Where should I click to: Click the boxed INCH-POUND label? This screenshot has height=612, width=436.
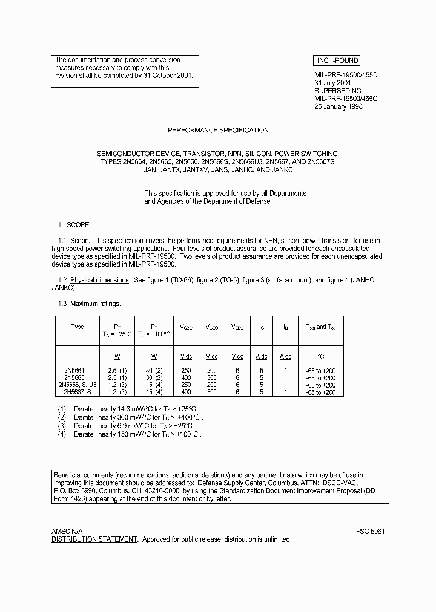click(337, 60)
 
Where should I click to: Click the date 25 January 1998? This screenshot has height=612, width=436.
click(339, 106)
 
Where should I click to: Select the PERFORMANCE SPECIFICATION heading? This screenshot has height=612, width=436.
click(218, 130)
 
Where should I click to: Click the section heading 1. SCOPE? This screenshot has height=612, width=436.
click(73, 225)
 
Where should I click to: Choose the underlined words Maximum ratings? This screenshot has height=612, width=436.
click(95, 304)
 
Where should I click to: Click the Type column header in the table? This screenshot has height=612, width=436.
click(78, 327)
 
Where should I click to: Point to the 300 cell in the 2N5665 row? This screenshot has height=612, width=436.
click(211, 378)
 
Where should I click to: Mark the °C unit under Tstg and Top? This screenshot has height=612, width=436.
click(321, 357)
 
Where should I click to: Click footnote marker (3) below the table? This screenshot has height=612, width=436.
click(61, 426)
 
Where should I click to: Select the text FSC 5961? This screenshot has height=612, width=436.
click(370, 531)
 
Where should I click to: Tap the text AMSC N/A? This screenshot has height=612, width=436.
click(67, 531)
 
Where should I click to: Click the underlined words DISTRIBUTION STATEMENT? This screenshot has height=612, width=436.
click(94, 539)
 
